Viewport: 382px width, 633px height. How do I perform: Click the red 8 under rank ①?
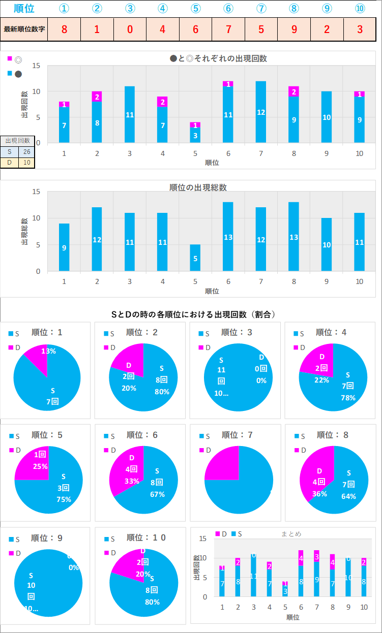[64, 29]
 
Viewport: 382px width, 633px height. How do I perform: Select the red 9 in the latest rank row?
[295, 29]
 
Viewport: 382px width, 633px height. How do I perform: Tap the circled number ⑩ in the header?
[360, 9]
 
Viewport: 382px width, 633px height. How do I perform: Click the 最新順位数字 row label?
[24, 29]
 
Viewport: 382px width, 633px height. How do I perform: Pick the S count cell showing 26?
[26, 151]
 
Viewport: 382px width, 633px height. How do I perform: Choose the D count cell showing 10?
[26, 163]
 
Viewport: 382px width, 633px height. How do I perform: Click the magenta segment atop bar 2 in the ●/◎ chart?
[97, 97]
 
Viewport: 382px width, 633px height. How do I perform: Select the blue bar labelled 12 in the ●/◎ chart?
[261, 112]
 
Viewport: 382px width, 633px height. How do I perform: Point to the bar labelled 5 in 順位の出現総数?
[195, 258]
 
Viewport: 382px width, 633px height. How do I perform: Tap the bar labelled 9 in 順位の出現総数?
[64, 247]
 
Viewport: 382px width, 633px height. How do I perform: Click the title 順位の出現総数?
[198, 187]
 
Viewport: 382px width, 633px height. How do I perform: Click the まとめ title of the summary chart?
[291, 534]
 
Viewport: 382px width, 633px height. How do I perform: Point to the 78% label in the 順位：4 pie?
[348, 398]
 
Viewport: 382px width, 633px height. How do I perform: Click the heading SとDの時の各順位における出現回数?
[194, 314]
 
